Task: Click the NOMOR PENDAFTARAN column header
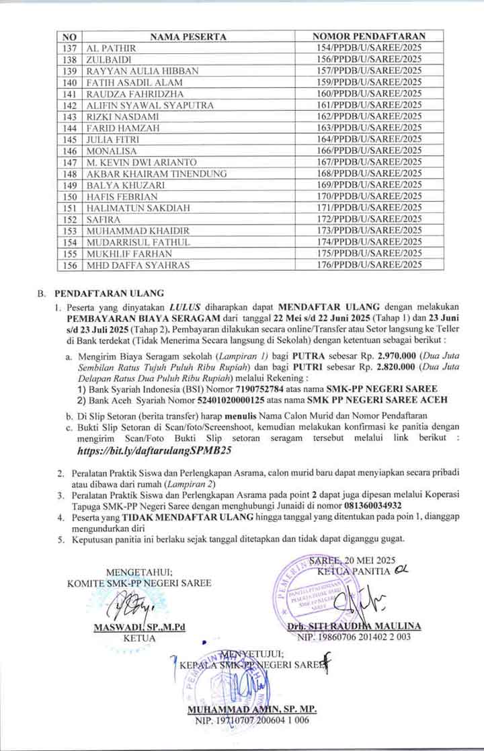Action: click(369, 36)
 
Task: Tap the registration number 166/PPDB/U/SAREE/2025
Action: click(369, 151)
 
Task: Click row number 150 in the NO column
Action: click(69, 196)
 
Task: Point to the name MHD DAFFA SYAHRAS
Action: click(138, 265)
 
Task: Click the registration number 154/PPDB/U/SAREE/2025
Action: click(369, 48)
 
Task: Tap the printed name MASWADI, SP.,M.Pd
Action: click(139, 627)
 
